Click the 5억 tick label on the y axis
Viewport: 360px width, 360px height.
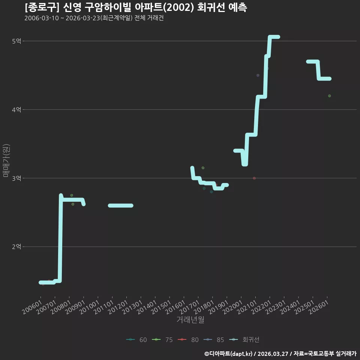[16, 41]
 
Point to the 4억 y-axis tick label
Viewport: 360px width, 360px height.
[16, 109]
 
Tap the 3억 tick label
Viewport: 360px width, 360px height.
[16, 178]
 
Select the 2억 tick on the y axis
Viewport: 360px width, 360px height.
[16, 247]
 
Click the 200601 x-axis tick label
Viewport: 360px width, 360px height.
[32, 307]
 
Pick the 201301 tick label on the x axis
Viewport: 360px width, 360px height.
[132, 307]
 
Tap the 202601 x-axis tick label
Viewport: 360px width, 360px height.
[319, 307]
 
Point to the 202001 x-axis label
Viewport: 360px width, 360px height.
[233, 307]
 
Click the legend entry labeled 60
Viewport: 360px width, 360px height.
[136, 340]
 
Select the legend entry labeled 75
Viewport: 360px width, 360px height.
[162, 340]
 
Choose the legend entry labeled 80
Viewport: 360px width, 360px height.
[188, 340]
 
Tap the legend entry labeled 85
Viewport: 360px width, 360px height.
[214, 340]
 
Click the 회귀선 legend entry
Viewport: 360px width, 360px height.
[244, 340]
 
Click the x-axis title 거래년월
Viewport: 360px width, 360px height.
[190, 319]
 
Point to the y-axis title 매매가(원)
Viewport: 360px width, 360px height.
[6, 160]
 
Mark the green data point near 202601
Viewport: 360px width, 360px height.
[330, 96]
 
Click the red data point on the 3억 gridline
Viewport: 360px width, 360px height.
[254, 178]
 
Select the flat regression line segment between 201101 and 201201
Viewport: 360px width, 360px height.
[121, 205]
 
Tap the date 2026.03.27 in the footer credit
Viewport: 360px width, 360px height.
[273, 354]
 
